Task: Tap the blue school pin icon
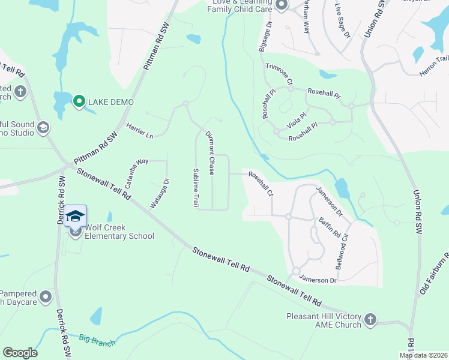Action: pos(76,216)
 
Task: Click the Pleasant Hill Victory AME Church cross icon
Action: pos(370,320)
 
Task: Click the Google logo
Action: pos(20,353)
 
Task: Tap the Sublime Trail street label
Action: pos(196,188)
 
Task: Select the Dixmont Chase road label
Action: pos(210,153)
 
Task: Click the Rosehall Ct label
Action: pos(261,184)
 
